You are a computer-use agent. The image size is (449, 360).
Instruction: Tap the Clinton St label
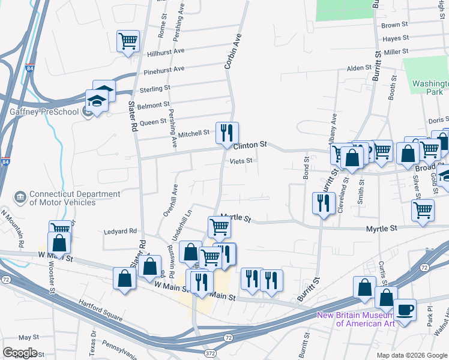[250, 145]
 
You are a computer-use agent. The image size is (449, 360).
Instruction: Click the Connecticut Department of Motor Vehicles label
[67, 198]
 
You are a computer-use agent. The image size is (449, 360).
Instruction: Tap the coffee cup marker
[405, 310]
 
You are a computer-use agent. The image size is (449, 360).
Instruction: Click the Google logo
[20, 353]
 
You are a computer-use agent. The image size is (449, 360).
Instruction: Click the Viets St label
[241, 161]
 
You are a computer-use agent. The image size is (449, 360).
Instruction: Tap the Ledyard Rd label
[121, 231]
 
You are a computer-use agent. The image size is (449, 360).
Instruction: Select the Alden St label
[360, 68]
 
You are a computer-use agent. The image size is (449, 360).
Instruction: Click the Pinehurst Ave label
[164, 70]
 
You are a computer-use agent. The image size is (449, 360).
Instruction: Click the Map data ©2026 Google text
[411, 355]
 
